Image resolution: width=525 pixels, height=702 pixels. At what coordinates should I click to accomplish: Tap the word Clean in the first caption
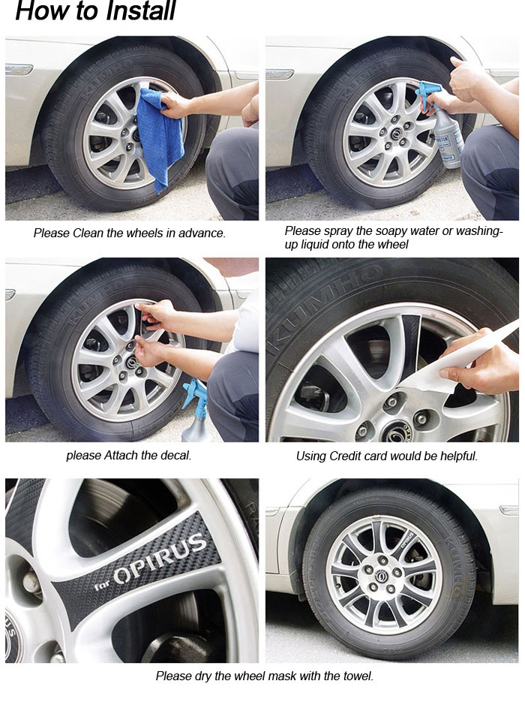click(x=88, y=233)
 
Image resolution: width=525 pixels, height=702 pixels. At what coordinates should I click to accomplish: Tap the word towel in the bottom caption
click(x=358, y=676)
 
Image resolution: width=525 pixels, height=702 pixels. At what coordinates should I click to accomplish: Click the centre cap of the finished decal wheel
click(x=383, y=574)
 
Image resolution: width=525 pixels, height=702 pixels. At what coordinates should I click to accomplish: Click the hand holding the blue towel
click(x=175, y=105)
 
